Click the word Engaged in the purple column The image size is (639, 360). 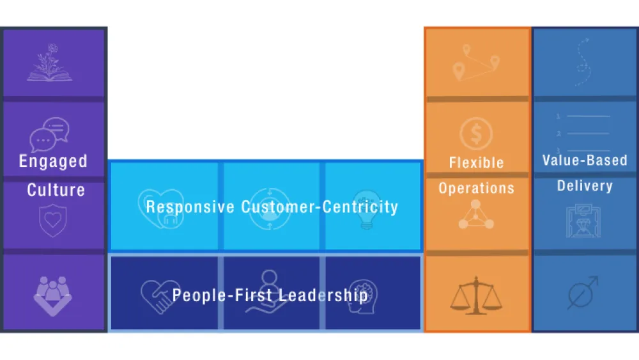pyautogui.click(x=53, y=161)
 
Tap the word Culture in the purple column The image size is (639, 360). pyautogui.click(x=56, y=190)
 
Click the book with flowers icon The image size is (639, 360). pyautogui.click(x=49, y=64)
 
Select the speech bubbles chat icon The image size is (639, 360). pyautogui.click(x=49, y=134)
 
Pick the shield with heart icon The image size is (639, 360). pyautogui.click(x=53, y=221)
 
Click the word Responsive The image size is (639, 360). pyautogui.click(x=190, y=207)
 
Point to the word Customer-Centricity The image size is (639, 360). pyautogui.click(x=319, y=207)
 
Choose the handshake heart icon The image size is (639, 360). pyautogui.click(x=160, y=295)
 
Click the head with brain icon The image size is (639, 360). pyautogui.click(x=364, y=295)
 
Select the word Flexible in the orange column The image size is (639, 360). pyautogui.click(x=476, y=163)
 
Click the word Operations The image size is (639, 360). pyautogui.click(x=476, y=188)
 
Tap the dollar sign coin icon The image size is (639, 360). pyautogui.click(x=476, y=134)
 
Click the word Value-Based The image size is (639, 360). pyautogui.click(x=585, y=160)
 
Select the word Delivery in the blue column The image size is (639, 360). pyautogui.click(x=585, y=186)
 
